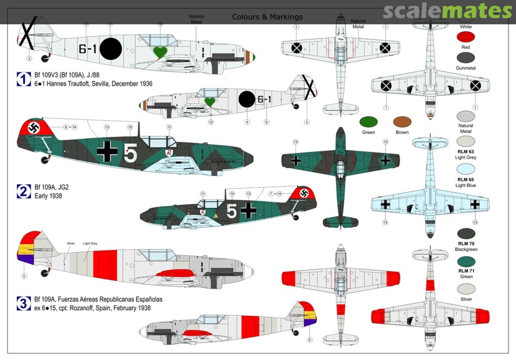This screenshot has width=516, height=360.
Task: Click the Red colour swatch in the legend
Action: pyautogui.click(x=465, y=37)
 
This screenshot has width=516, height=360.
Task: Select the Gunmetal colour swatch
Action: pyautogui.click(x=465, y=58)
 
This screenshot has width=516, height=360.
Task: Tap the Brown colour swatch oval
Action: pyautogui.click(x=402, y=122)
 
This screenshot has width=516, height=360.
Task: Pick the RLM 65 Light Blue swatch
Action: pyautogui.click(x=465, y=169)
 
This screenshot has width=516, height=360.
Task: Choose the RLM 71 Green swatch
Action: pyautogui.click(x=465, y=261)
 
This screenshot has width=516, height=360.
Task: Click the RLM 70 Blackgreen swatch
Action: pyautogui.click(x=465, y=234)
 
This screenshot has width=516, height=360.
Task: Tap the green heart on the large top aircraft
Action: pyautogui.click(x=160, y=52)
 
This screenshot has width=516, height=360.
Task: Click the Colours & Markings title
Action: pyautogui.click(x=267, y=17)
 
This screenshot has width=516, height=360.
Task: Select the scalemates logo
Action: pyautogui.click(x=447, y=11)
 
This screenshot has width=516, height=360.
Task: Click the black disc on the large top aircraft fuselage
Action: pyautogui.click(x=110, y=48)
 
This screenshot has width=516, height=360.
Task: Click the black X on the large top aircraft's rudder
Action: pyautogui.click(x=28, y=32)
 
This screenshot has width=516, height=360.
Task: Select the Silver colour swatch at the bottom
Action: pyautogui.click(x=465, y=289)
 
